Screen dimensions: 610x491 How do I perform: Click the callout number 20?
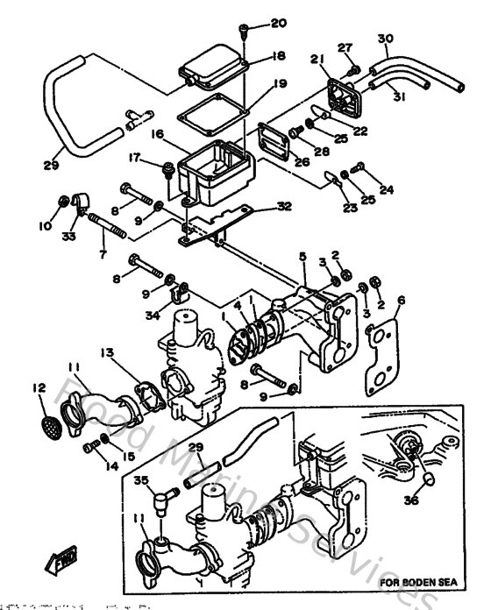point(254,22)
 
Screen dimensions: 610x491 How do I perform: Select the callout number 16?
point(159,136)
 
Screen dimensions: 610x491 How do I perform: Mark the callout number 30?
point(385,39)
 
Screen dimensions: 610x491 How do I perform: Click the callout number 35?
point(140,479)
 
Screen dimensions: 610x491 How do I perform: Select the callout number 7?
point(102,254)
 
